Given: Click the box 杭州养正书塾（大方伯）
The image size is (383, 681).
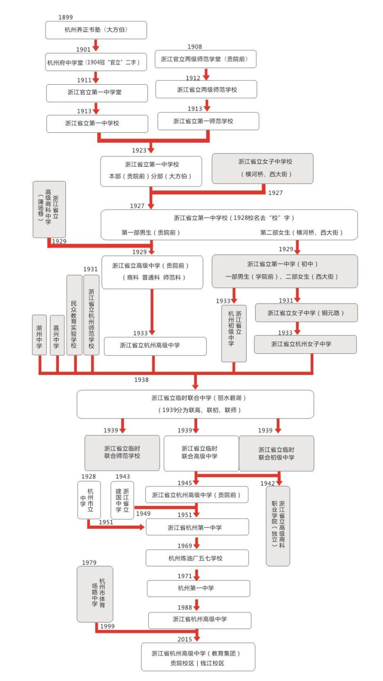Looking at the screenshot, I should [96, 30].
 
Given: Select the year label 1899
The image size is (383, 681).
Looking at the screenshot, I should [65, 17].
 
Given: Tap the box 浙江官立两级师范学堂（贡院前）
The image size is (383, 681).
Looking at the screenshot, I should [206, 59].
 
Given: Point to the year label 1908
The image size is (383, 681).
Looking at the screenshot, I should [195, 47].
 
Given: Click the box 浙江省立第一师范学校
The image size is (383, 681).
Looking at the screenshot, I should [208, 121].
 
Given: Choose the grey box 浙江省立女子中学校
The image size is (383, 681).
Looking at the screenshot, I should [263, 168].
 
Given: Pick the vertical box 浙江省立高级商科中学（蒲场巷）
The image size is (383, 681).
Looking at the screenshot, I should [49, 209].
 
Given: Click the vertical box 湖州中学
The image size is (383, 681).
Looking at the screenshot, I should [40, 335].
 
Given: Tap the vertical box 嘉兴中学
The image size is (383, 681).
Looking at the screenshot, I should [57, 335].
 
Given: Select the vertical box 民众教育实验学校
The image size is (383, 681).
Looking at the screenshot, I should [74, 315].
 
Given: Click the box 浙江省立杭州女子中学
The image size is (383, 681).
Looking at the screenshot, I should [305, 344].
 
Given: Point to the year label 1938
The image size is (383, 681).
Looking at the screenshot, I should [141, 380].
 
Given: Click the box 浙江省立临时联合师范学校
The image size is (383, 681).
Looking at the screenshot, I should [122, 453].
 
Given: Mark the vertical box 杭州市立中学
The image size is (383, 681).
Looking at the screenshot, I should [89, 500].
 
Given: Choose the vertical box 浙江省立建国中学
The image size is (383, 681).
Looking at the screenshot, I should [122, 500].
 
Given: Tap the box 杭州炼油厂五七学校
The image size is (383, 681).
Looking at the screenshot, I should [197, 558].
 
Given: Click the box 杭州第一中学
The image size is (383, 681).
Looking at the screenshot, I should [198, 588].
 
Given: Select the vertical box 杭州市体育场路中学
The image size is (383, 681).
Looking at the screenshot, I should [95, 594].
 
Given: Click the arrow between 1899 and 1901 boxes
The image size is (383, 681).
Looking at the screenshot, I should [96, 45].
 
